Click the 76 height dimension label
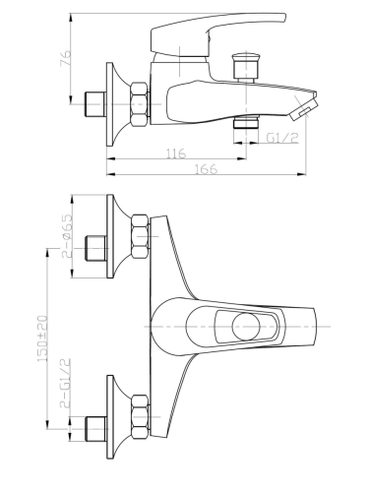tap(66, 58)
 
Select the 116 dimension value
tap(176, 154)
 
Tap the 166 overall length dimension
tap(207, 169)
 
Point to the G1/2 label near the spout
tap(282, 138)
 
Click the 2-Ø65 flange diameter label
tap(67, 235)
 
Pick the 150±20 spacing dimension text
tap(42, 338)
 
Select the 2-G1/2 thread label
tap(65, 383)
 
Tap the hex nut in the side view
tap(139, 104)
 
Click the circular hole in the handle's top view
tap(246, 327)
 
